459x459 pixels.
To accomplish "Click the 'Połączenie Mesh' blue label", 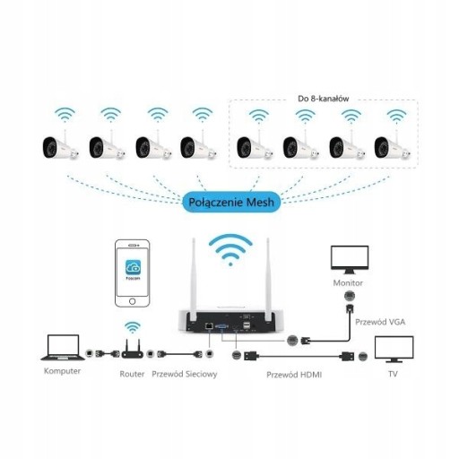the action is pyautogui.click(x=231, y=203).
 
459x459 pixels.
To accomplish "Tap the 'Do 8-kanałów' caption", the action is pyautogui.click(x=323, y=99).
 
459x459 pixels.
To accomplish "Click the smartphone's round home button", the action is pyautogui.click(x=133, y=301).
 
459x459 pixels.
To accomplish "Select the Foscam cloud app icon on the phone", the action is pyautogui.click(x=133, y=267).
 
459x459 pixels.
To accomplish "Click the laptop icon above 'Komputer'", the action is pyautogui.click(x=63, y=348).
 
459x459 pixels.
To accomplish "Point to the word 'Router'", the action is pyautogui.click(x=132, y=374).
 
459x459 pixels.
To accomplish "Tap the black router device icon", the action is pyautogui.click(x=132, y=350).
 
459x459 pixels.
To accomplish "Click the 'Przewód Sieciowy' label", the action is pyautogui.click(x=185, y=374).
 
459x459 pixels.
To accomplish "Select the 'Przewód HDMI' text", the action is pyautogui.click(x=294, y=375).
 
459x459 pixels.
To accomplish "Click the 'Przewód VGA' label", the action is pyautogui.click(x=380, y=322).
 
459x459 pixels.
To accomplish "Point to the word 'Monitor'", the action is pyautogui.click(x=348, y=283).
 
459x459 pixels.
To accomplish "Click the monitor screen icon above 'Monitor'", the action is pyautogui.click(x=350, y=260).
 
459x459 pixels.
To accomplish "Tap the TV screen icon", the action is pyautogui.click(x=394, y=350).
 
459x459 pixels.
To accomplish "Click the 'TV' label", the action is pyautogui.click(x=393, y=374).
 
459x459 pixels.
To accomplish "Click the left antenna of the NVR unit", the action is pyautogui.click(x=193, y=278).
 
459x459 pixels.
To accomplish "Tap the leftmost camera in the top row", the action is pyautogui.click(x=61, y=146).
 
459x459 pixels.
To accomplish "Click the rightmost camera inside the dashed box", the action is pyautogui.click(x=393, y=146).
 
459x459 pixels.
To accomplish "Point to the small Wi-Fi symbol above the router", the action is pyautogui.click(x=133, y=327).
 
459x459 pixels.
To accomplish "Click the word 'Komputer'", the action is pyautogui.click(x=62, y=371).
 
